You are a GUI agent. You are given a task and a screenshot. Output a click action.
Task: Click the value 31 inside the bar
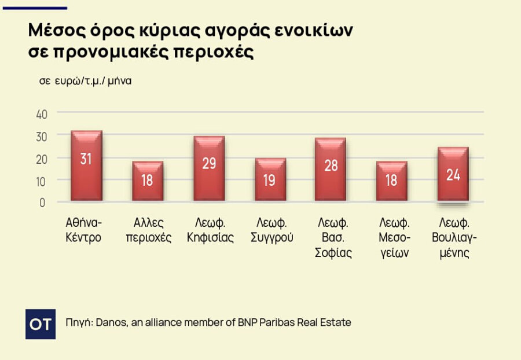(x=86, y=159)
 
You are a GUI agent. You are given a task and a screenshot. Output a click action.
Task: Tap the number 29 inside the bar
(x=209, y=163)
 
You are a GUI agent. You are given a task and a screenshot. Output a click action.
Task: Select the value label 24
(x=453, y=175)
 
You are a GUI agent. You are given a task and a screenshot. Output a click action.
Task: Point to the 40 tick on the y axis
(x=42, y=113)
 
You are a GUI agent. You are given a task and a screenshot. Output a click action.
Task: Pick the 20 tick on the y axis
(x=42, y=158)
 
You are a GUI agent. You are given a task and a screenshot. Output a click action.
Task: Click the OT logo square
(x=41, y=324)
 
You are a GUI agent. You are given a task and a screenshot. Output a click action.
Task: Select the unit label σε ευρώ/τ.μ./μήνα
(x=85, y=81)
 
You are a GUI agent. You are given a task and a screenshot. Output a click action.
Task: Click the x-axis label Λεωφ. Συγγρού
(x=270, y=230)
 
